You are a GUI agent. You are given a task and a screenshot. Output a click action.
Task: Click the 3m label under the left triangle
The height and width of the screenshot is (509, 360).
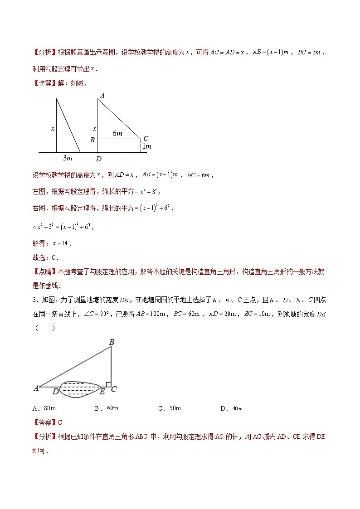pos(68,158)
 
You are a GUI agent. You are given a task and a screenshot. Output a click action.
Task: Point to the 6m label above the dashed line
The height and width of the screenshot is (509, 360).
pos(117,134)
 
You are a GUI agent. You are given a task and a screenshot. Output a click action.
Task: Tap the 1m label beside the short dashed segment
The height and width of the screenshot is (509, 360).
pos(146,146)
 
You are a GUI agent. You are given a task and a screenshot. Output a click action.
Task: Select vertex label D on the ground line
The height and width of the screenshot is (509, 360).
pos(98,159)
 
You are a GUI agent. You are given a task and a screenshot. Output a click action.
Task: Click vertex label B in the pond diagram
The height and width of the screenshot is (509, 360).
pos(111,342)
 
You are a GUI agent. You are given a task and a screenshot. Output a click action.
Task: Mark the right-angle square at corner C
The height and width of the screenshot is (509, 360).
pos(108,384)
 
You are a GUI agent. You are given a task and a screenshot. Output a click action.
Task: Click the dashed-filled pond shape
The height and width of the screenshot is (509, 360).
pos(79,389)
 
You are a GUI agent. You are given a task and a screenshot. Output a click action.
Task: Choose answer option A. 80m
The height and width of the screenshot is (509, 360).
pos(44,408)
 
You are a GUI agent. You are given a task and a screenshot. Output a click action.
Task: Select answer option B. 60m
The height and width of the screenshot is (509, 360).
pos(107,408)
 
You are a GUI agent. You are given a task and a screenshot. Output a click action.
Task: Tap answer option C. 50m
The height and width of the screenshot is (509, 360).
pos(169,408)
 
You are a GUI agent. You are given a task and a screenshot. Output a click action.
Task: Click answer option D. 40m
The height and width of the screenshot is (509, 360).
pos(231,408)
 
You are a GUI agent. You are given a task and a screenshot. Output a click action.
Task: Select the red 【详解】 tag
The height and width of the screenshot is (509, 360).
pos(44,82)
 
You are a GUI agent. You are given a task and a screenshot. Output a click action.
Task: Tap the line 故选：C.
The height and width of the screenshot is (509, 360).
pos(46,257)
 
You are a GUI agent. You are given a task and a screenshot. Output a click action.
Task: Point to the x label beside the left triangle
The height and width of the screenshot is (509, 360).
pos(53,129)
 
